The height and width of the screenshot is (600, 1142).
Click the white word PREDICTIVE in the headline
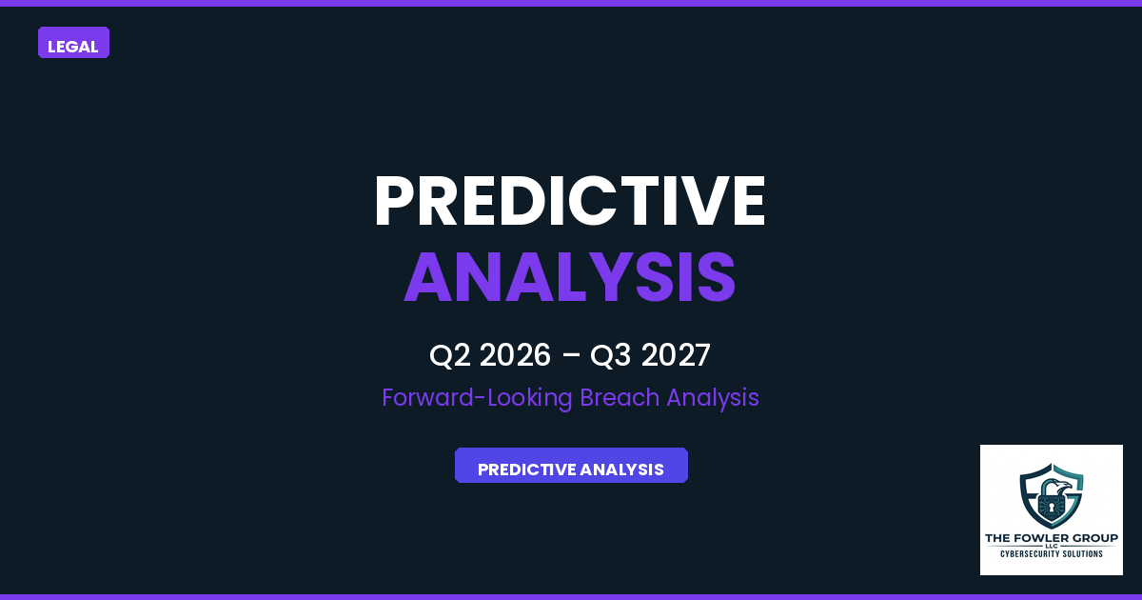tap(569, 202)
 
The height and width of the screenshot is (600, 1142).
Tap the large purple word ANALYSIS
tap(569, 277)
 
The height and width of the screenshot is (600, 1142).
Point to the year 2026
tap(515, 356)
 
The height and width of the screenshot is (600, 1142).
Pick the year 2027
tap(676, 356)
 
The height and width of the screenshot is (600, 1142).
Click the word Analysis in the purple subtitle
tap(713, 398)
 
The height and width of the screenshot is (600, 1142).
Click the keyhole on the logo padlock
tap(1051, 508)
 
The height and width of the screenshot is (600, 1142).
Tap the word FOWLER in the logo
tap(1045, 538)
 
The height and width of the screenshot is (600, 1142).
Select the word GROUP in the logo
tap(1094, 538)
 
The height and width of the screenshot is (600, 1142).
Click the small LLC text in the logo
tap(1052, 547)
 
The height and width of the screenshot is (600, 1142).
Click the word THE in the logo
tap(998, 538)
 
